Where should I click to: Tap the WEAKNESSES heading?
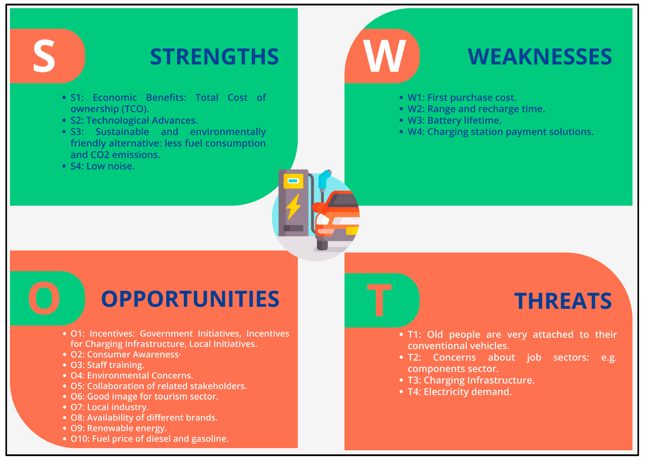(540, 57)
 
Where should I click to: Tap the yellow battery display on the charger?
(293, 181)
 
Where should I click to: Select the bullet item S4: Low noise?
(102, 166)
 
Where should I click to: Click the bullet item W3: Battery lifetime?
(454, 120)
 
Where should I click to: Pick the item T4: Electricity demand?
(459, 392)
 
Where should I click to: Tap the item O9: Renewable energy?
(119, 428)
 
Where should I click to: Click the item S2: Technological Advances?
(134, 120)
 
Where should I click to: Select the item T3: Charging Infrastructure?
(471, 380)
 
